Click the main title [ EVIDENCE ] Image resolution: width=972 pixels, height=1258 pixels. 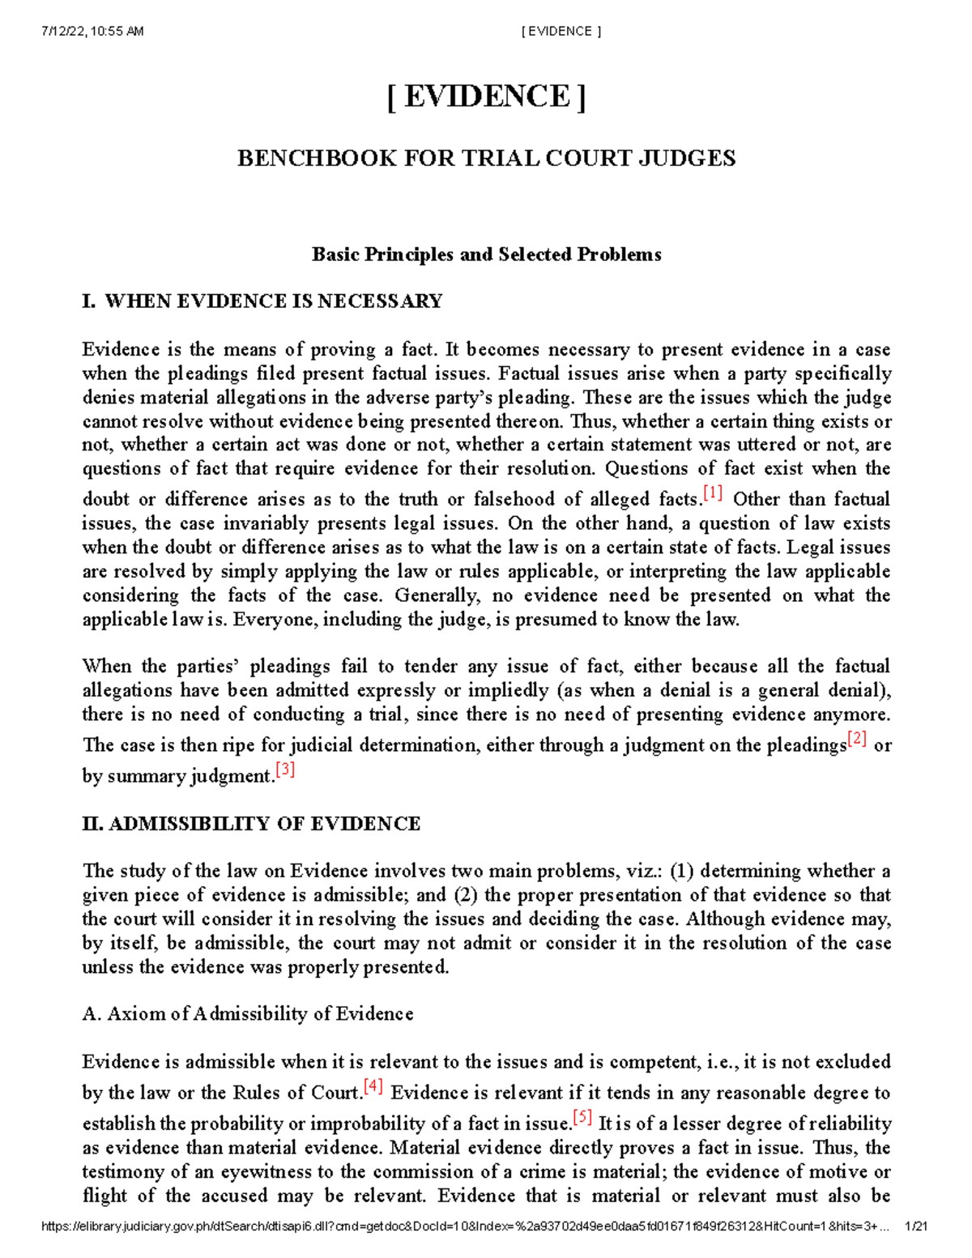[x=486, y=97]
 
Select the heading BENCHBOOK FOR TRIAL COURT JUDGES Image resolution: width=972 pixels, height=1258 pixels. [x=486, y=158]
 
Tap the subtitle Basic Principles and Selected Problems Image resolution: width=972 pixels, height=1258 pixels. [x=486, y=254]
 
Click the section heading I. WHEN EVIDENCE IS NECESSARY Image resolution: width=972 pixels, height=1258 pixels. [x=262, y=301]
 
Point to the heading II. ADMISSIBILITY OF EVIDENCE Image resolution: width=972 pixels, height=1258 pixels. [x=251, y=824]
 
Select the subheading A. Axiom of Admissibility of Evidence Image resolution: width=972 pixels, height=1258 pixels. [x=248, y=1014]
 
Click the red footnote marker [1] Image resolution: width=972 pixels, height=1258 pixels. [x=713, y=493]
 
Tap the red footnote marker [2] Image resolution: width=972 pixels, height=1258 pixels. [x=857, y=739]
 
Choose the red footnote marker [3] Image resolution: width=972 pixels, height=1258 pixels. [x=285, y=770]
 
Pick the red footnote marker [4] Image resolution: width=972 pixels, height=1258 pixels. [x=373, y=1086]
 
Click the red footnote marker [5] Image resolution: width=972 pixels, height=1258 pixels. [x=582, y=1117]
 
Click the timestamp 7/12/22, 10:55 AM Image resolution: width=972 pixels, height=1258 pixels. [x=92, y=32]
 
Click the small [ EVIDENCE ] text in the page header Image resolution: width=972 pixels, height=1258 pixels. [x=561, y=32]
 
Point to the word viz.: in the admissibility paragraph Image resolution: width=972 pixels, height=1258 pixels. [x=645, y=872]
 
